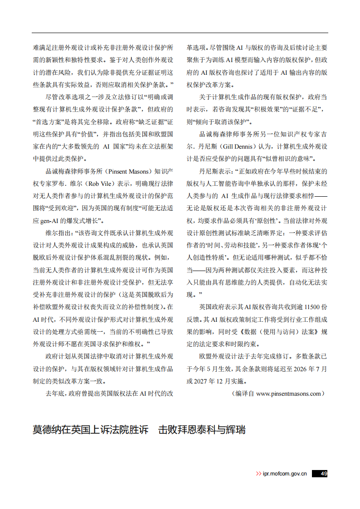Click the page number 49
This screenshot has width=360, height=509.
point(324,474)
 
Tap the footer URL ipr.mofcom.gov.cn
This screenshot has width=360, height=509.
point(285,474)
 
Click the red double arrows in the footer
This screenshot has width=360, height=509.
point(258,474)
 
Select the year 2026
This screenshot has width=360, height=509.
point(300,369)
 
